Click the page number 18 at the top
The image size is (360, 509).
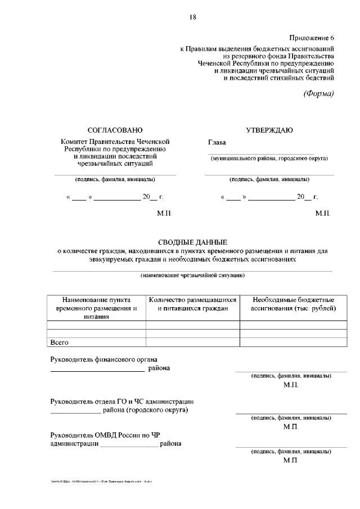point(192,18)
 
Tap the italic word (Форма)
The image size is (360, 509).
point(318,93)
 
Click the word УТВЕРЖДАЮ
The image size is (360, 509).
point(269,130)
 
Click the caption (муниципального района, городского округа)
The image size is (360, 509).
point(269,158)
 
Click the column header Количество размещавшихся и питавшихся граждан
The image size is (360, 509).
point(192,304)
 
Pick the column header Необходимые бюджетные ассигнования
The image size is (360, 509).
point(293,304)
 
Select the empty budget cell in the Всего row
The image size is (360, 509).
point(293,341)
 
